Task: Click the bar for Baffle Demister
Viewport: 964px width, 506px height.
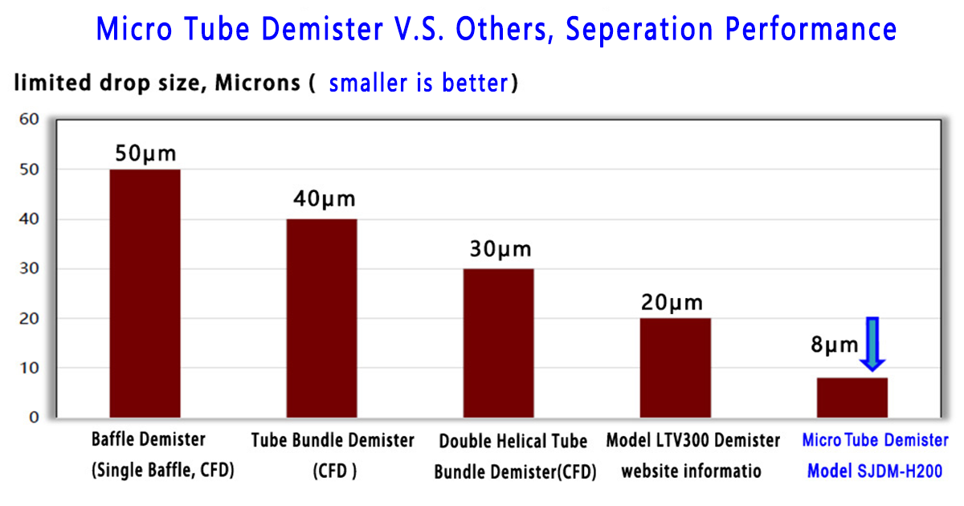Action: click(145, 293)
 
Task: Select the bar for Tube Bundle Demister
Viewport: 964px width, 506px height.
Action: click(322, 318)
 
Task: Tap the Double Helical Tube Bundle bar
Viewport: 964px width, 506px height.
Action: click(498, 343)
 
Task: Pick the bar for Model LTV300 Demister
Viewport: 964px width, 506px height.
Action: click(676, 368)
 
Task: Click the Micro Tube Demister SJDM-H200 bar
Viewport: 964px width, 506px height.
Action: click(852, 398)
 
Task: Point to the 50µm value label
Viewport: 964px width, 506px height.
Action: click(145, 153)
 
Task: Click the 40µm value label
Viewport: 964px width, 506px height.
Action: click(325, 199)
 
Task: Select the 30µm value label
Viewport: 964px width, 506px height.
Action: click(500, 249)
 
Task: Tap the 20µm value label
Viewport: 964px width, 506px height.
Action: click(672, 303)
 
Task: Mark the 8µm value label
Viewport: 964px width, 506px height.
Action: click(835, 345)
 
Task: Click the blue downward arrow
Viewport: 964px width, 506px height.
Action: click(872, 345)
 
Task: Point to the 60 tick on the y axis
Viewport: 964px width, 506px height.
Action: click(29, 119)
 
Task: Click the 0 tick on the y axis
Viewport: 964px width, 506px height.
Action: click(34, 418)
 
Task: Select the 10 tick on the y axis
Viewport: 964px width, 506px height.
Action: click(29, 368)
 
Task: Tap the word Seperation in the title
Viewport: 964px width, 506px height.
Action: click(639, 29)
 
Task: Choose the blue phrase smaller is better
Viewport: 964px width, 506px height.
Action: click(419, 83)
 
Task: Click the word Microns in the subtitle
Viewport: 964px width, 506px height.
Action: click(257, 82)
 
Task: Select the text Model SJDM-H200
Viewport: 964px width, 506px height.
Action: click(875, 471)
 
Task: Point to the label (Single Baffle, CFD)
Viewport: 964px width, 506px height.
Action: click(162, 470)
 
